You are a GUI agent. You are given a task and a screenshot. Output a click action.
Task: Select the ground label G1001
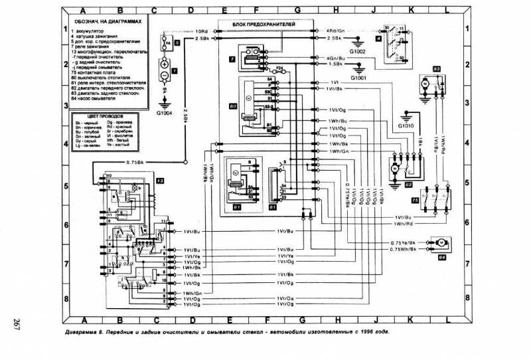pyautogui.click(x=359, y=77)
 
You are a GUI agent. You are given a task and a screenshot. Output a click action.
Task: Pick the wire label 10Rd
pyautogui.click(x=202, y=31)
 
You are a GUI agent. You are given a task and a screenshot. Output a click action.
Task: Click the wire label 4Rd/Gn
pyautogui.click(x=335, y=31)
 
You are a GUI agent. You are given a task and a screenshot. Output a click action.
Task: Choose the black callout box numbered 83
pyautogui.click(x=437, y=68)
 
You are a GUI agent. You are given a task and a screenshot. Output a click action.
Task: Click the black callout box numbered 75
pyautogui.click(x=415, y=199)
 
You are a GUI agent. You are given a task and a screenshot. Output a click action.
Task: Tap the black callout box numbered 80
pyautogui.click(x=232, y=106)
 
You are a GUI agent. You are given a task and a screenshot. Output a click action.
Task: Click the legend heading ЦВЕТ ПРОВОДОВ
pyautogui.click(x=101, y=116)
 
